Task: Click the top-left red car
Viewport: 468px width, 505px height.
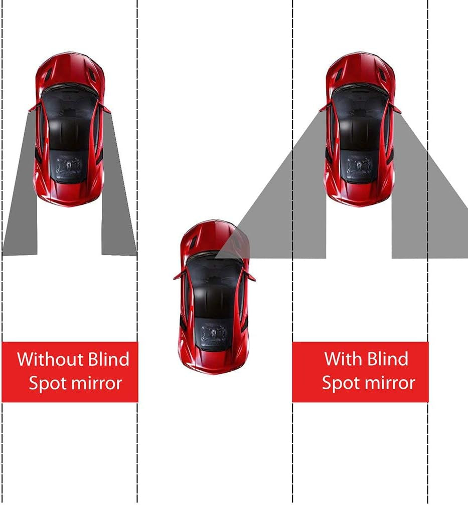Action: (70, 130)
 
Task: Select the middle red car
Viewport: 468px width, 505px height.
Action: (215, 296)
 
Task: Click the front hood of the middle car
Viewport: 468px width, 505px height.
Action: (215, 240)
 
